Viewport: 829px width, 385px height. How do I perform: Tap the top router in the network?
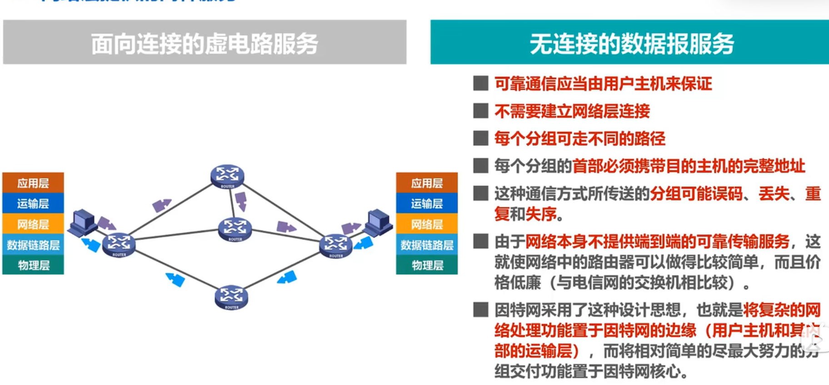point(227,176)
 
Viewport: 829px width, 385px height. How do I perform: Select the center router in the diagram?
point(235,229)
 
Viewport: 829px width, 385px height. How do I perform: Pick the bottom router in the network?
point(231,297)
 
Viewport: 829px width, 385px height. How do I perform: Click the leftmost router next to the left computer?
point(119,245)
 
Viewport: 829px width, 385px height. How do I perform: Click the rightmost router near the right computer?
point(336,245)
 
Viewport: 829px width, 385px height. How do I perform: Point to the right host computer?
point(378,222)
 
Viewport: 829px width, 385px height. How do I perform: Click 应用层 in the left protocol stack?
point(33,183)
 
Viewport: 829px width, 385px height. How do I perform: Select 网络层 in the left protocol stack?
point(33,224)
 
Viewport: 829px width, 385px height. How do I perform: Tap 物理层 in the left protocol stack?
point(33,265)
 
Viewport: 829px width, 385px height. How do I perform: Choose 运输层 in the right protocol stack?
point(427,203)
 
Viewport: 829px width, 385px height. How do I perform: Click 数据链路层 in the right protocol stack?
point(427,245)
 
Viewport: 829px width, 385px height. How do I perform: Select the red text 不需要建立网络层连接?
point(572,111)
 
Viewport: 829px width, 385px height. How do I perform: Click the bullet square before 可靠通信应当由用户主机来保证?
point(480,83)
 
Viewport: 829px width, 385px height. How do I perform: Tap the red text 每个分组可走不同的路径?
point(579,139)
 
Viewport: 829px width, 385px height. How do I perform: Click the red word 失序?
point(541,214)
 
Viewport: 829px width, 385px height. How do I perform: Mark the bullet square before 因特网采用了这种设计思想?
point(480,310)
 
